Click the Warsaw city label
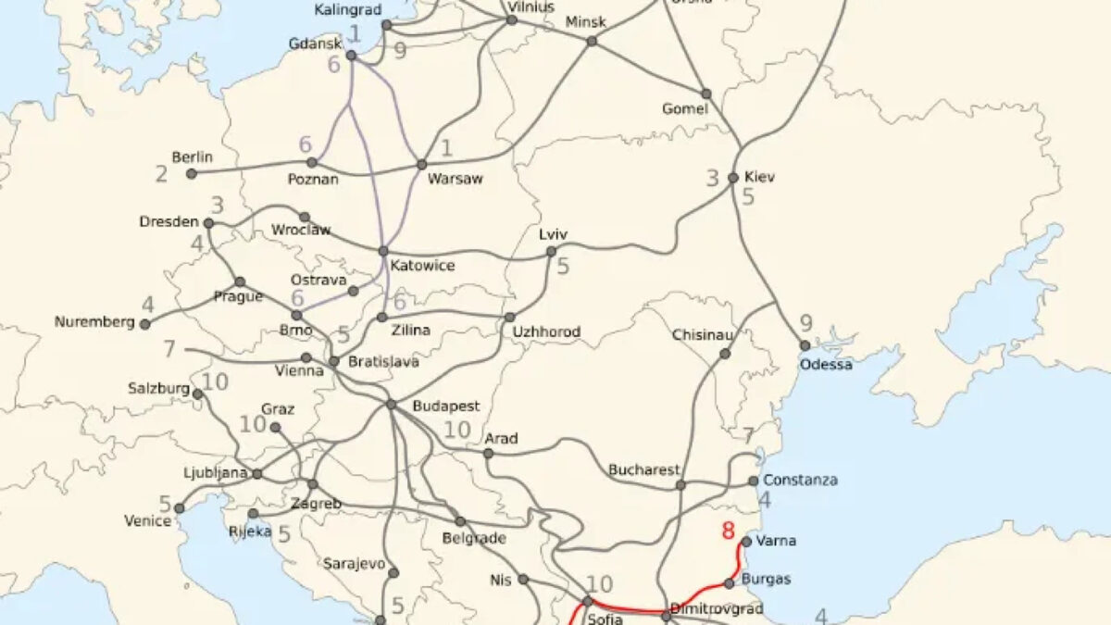(455, 180)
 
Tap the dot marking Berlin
(192, 173)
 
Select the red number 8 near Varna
(728, 531)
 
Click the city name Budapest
(446, 406)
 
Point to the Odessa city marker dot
(805, 345)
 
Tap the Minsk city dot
(592, 41)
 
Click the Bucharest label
(643, 470)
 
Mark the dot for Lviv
(551, 251)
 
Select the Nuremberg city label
(94, 323)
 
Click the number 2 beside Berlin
(162, 173)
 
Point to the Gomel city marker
(705, 94)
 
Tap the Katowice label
(422, 267)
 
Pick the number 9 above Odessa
(805, 324)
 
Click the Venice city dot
(180, 508)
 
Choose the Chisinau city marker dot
(725, 354)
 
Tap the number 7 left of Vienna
(169, 350)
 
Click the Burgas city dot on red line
(730, 583)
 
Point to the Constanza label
(800, 481)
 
